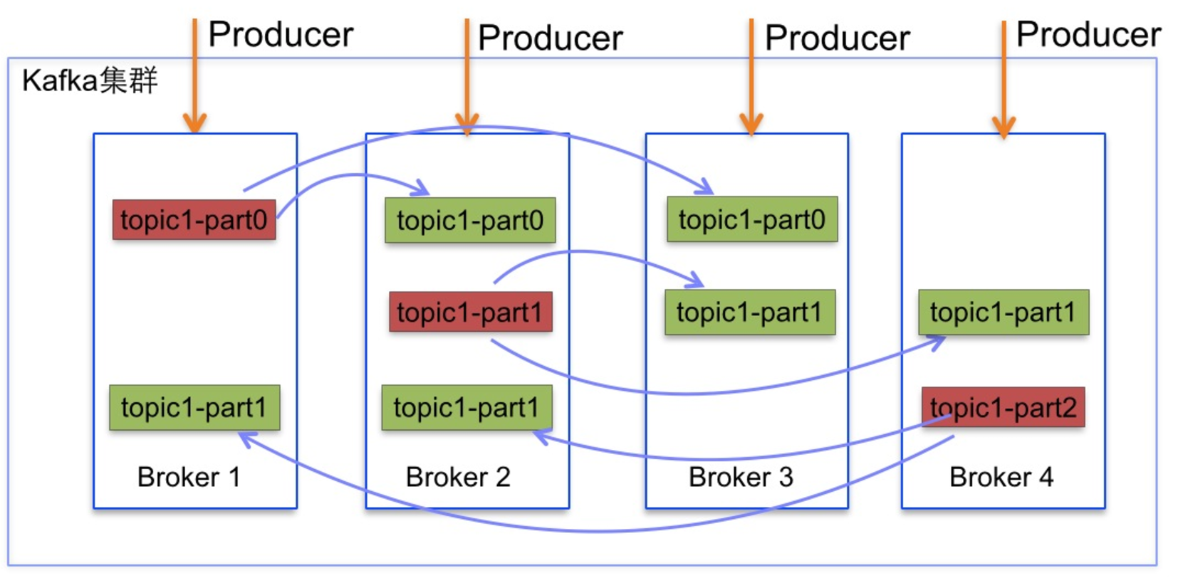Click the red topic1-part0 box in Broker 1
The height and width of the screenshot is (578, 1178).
point(194,220)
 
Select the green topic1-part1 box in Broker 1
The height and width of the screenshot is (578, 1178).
point(194,408)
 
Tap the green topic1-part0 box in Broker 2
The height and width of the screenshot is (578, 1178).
point(470,220)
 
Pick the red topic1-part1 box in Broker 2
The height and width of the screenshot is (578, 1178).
point(471,312)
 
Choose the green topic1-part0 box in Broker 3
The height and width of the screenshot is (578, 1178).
point(752,219)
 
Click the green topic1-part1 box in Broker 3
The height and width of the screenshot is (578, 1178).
point(750,312)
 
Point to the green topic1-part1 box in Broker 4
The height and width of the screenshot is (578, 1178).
point(1004,312)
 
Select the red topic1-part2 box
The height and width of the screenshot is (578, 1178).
point(1003,407)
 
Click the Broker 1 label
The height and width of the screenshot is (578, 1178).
point(189,477)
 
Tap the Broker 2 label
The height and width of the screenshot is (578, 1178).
point(458,477)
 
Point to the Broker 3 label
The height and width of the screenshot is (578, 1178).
point(741,477)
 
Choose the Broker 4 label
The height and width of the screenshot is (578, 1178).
point(1001,477)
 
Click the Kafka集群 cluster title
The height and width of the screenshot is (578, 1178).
point(90,80)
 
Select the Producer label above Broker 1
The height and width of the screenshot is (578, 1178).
point(281,35)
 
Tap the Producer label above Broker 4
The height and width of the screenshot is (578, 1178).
point(1088,35)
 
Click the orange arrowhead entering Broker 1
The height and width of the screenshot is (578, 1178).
point(194,123)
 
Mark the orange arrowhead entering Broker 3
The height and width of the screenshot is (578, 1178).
point(751,125)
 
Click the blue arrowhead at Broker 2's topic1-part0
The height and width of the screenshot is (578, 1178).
point(422,188)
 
